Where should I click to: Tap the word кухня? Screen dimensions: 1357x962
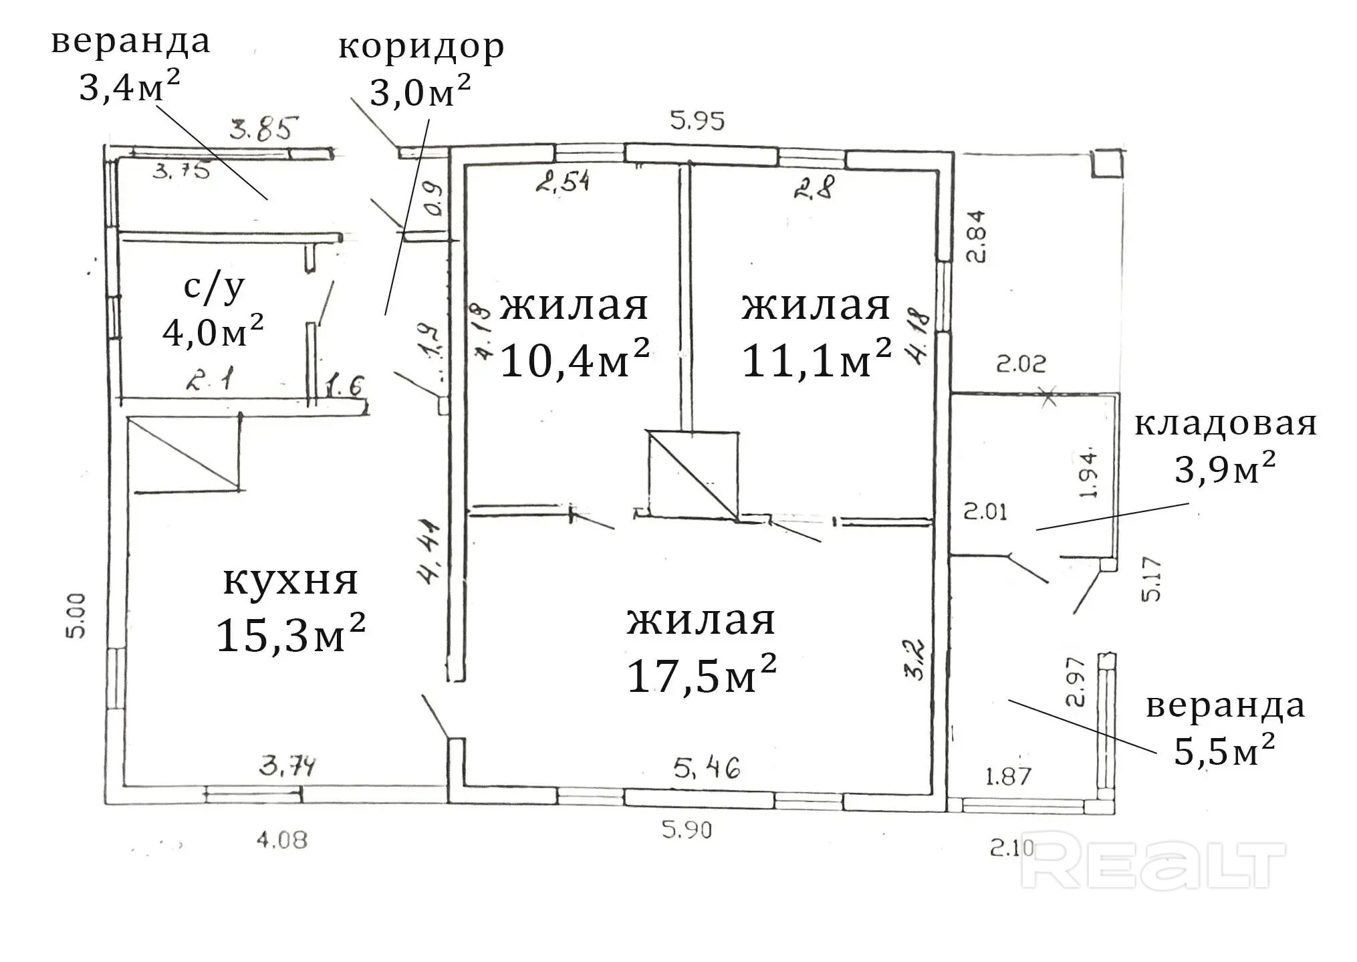(290, 580)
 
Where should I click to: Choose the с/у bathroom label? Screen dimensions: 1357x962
(214, 286)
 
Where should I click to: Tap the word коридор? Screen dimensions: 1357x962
(420, 47)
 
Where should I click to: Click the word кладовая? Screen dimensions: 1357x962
(1225, 424)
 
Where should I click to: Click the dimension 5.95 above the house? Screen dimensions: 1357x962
(697, 121)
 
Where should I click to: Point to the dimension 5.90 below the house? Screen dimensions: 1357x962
(687, 830)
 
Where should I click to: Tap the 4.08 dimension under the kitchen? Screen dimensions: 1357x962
(282, 840)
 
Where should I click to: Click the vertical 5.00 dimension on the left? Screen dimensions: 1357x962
(76, 615)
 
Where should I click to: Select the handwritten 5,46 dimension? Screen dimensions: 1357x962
(707, 767)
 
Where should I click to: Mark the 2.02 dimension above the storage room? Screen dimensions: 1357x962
(1021, 364)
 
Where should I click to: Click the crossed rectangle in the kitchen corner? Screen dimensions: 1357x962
(184, 453)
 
